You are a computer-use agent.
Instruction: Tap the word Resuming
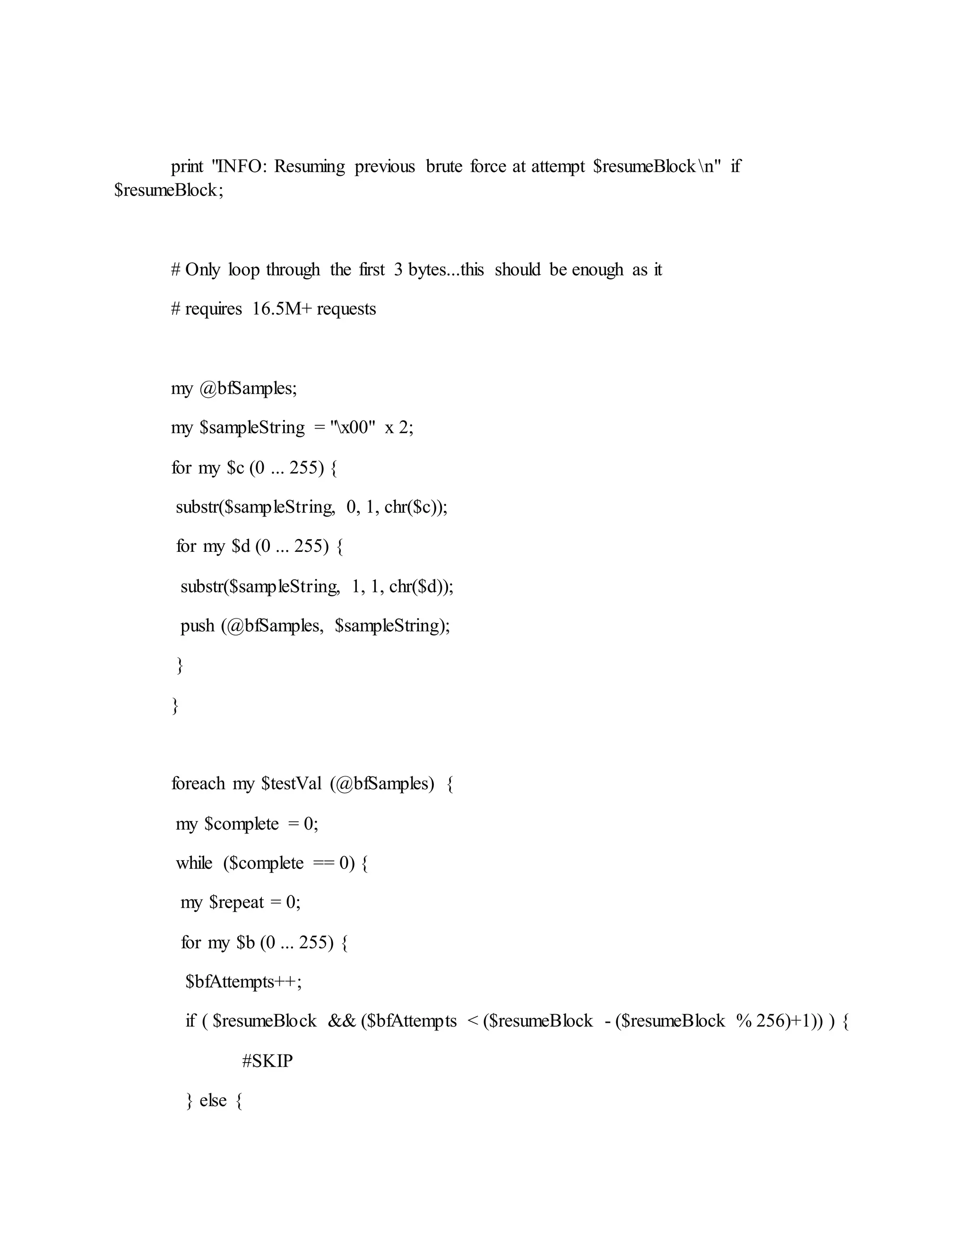click(310, 167)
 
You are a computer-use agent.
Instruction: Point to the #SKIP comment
click(267, 1061)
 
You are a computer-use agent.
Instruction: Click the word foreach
click(198, 784)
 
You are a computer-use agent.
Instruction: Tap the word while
click(194, 863)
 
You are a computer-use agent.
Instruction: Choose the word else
click(213, 1101)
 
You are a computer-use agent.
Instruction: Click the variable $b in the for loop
click(245, 943)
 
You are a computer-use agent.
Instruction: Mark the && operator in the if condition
click(342, 1021)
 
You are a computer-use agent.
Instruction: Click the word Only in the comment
click(202, 269)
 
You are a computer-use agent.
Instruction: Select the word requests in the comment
click(346, 309)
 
